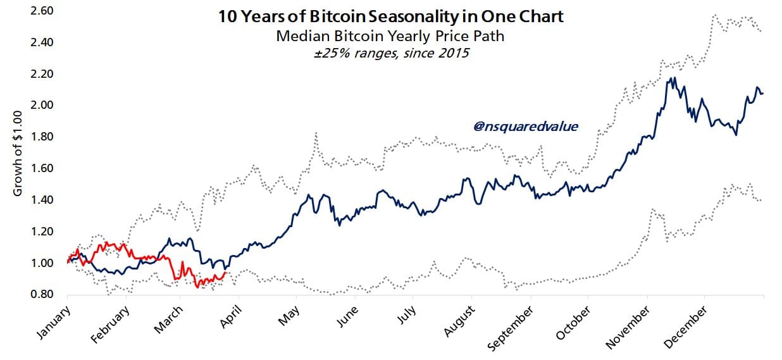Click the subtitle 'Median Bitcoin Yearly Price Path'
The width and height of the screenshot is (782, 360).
[x=390, y=36]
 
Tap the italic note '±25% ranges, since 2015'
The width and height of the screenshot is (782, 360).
[x=390, y=53]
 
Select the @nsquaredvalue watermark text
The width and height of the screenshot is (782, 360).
[x=526, y=126]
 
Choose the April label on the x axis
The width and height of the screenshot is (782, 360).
[x=234, y=316]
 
